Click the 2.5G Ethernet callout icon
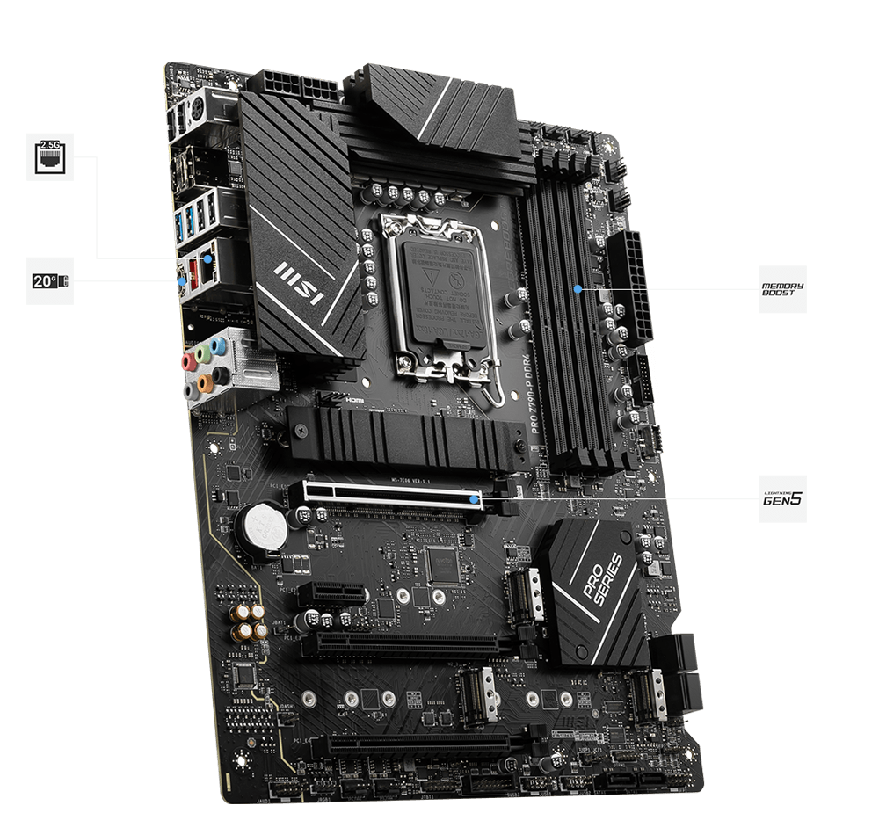point(50,156)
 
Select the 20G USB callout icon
point(50,280)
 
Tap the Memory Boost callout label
point(782,289)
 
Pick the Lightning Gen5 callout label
point(782,498)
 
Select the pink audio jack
point(186,361)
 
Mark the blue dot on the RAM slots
point(577,287)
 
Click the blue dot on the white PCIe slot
point(475,498)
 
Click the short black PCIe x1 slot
point(327,593)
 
